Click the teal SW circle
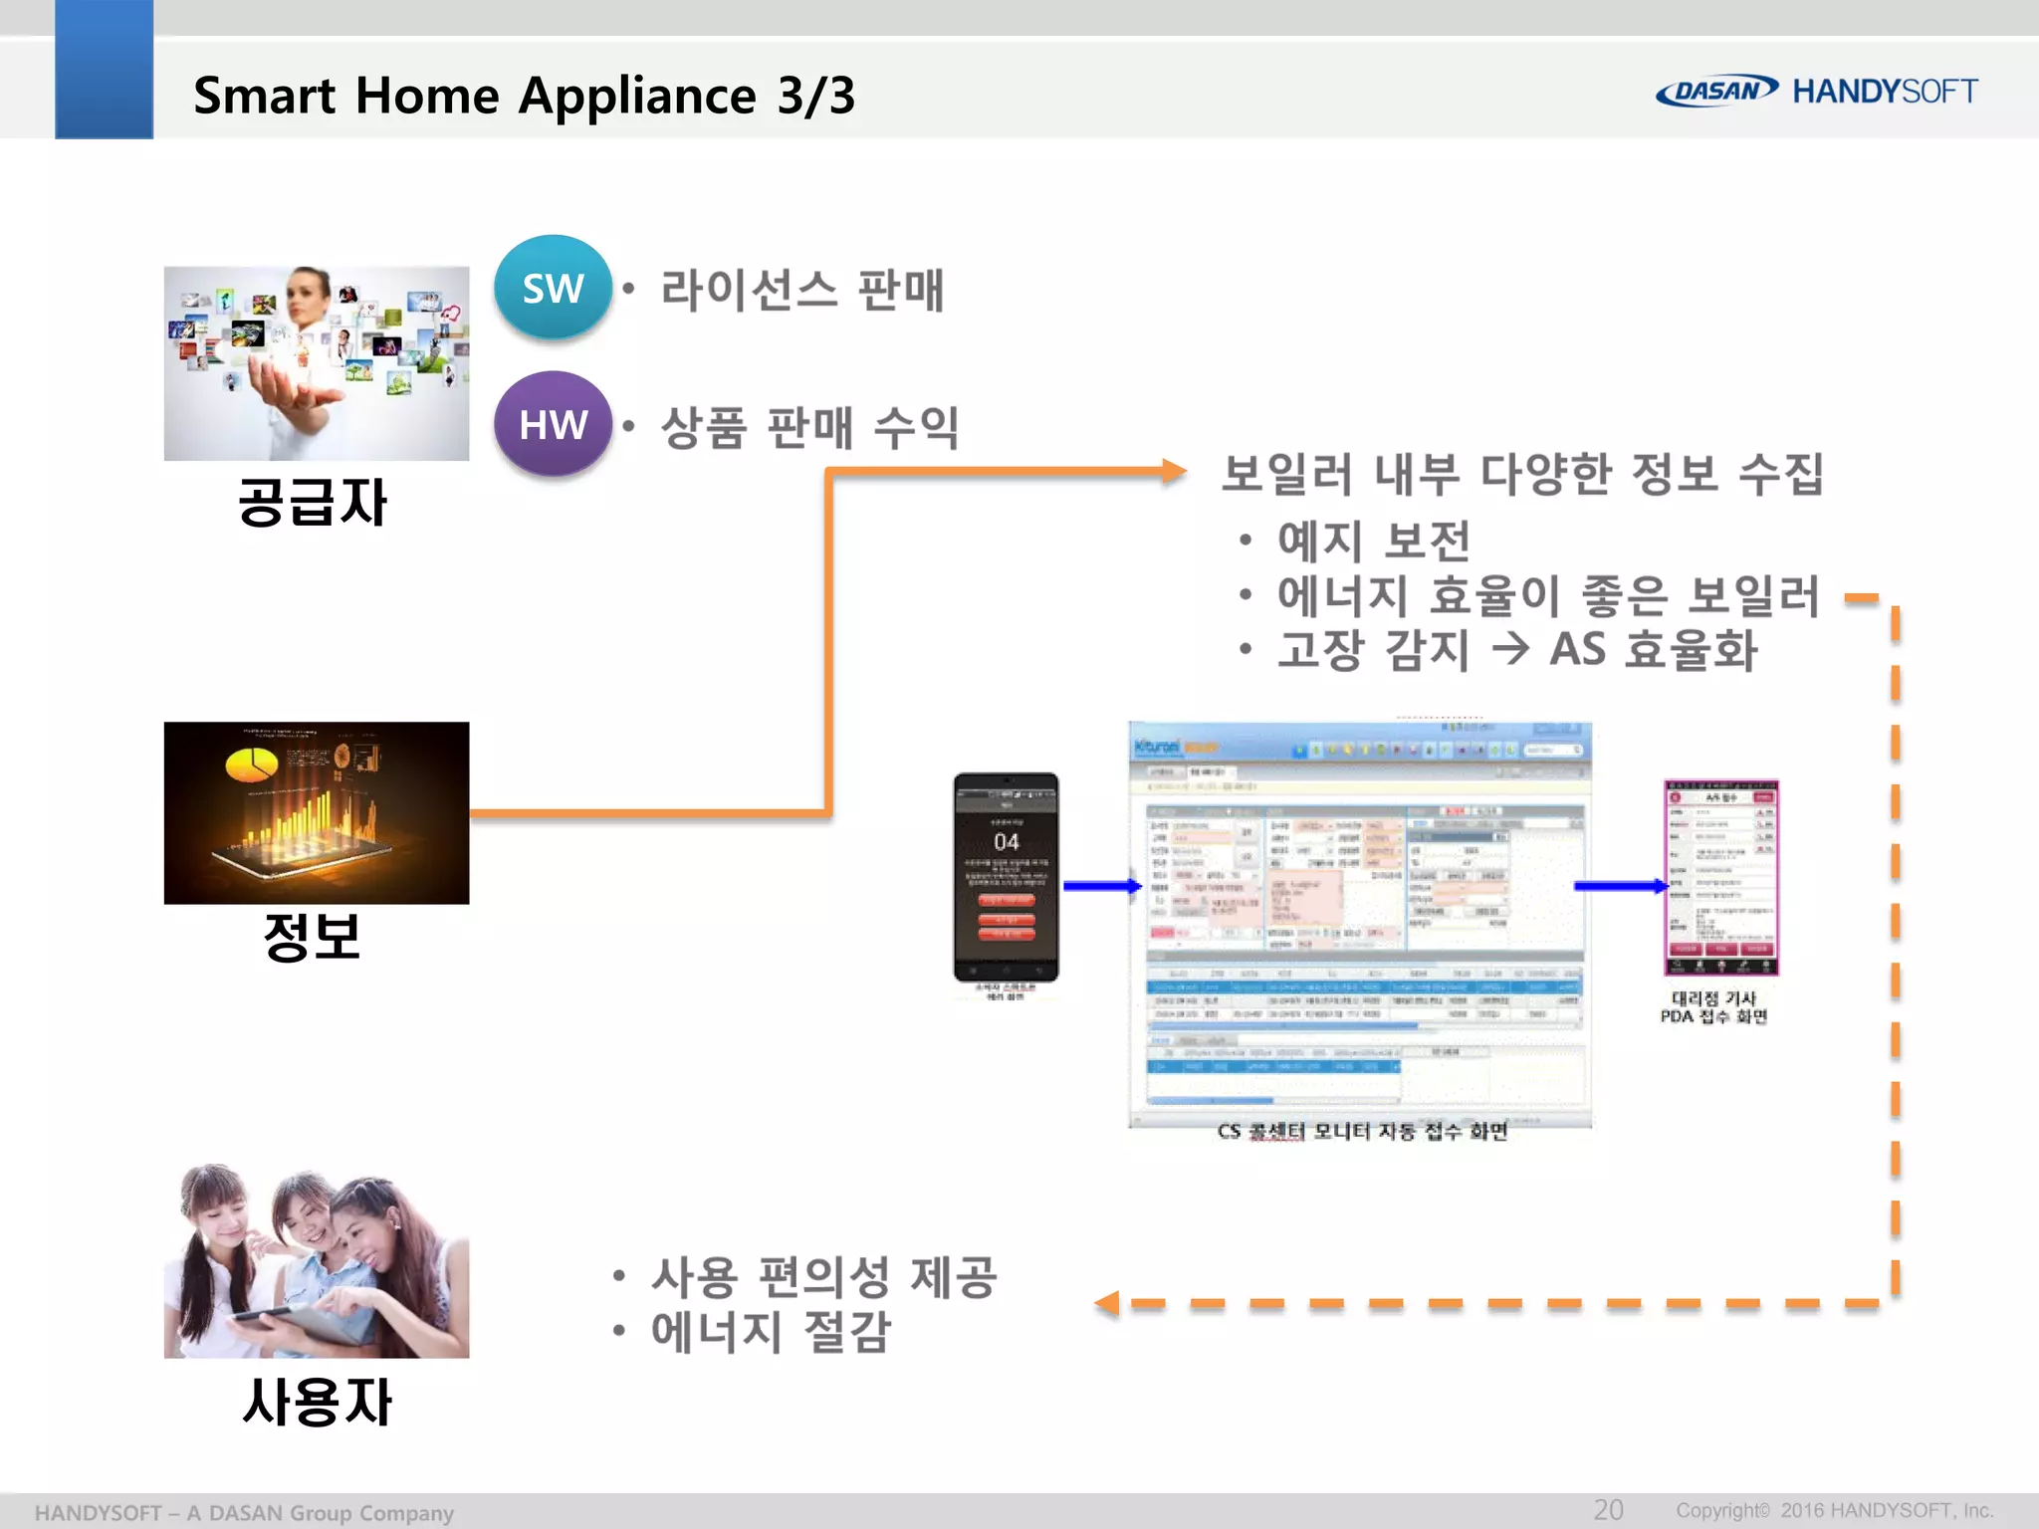[553, 288]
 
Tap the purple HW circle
[553, 424]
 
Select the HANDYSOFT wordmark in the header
[1885, 92]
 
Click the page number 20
[1608, 1509]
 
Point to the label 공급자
[312, 502]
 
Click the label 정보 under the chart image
[312, 937]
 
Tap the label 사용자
[317, 1402]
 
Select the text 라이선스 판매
[801, 291]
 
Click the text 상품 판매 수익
[809, 428]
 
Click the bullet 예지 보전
[1373, 541]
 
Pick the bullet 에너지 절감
[771, 1332]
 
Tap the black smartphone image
[1006, 877]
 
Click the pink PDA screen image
[1720, 877]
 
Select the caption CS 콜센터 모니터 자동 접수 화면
[1362, 1132]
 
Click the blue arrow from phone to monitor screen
[1101, 885]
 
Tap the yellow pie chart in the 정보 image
[251, 765]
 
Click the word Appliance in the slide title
[637, 96]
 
